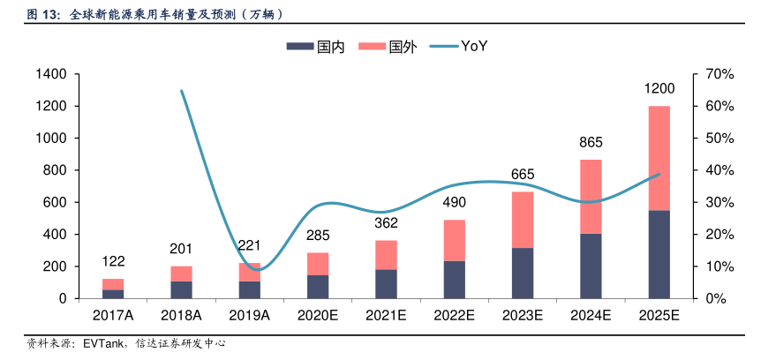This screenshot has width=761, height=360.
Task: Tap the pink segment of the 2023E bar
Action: [x=523, y=220]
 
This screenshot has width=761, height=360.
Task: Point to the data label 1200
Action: [x=659, y=89]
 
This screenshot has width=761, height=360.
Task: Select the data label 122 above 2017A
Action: [x=113, y=261]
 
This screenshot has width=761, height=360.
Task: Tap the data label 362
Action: [x=386, y=222]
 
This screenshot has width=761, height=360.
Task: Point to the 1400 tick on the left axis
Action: [x=52, y=74]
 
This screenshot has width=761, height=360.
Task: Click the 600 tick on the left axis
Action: [x=57, y=202]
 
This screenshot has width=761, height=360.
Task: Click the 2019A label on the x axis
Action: [x=250, y=315]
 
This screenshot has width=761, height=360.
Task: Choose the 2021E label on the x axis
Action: [x=386, y=315]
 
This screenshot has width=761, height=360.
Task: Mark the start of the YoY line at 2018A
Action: [x=181, y=91]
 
